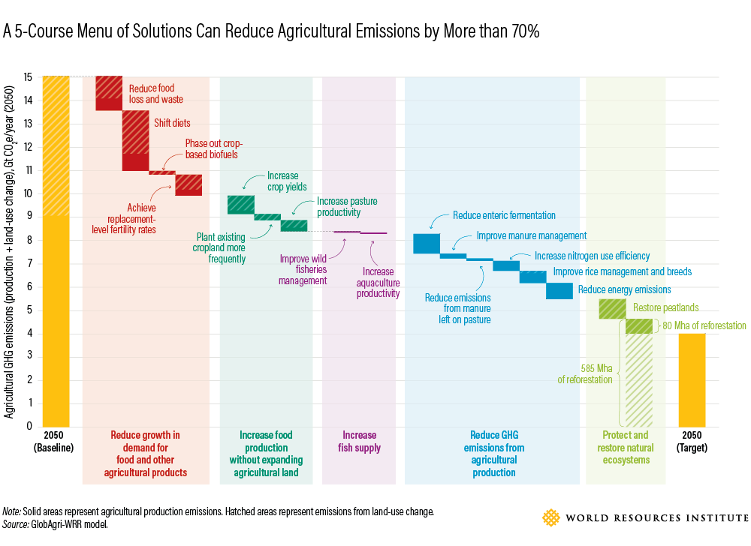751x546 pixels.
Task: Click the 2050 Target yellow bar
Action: (x=692, y=379)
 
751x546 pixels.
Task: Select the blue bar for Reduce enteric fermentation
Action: (x=427, y=244)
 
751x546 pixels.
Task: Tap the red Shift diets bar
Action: (x=135, y=140)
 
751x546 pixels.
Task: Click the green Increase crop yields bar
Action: (x=241, y=205)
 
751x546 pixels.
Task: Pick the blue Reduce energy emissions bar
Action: (x=559, y=291)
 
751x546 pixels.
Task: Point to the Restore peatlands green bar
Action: (x=612, y=308)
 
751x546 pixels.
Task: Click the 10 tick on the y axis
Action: (x=29, y=193)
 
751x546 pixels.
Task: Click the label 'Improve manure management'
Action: (x=532, y=235)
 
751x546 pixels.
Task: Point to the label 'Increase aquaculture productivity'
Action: (x=377, y=283)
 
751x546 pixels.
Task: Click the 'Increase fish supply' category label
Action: (x=359, y=442)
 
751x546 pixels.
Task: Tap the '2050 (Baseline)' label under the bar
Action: (x=55, y=442)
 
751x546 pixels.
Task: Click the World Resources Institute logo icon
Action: (x=551, y=517)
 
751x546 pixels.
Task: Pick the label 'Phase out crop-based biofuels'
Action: (x=214, y=149)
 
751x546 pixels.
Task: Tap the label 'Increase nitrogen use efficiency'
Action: (x=592, y=256)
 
